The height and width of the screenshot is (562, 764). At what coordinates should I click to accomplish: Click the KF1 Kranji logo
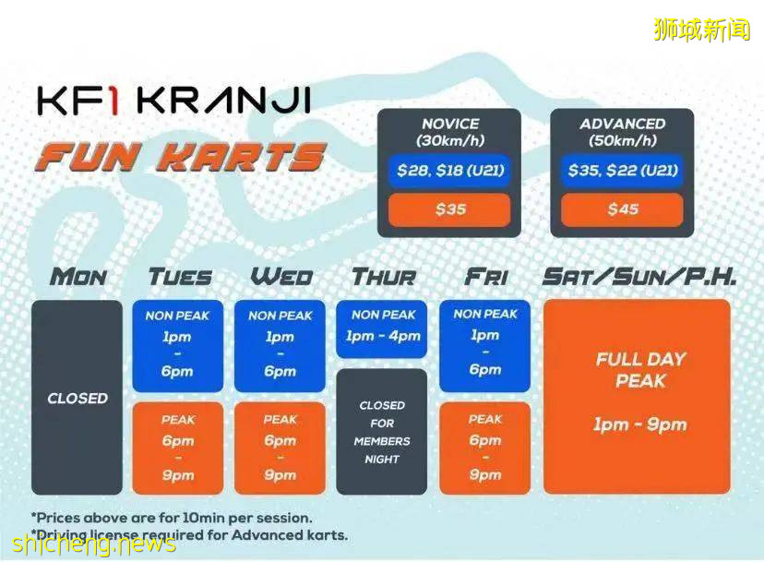(174, 101)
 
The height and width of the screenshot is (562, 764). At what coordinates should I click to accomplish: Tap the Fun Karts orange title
(180, 157)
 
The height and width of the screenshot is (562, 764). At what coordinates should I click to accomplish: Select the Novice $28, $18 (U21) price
(449, 171)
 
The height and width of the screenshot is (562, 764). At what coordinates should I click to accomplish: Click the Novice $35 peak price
(449, 209)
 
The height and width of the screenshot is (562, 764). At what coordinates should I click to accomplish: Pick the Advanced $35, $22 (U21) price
(622, 171)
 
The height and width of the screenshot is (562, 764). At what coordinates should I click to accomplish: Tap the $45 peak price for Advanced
(622, 209)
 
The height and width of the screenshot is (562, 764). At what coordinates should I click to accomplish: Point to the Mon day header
(78, 278)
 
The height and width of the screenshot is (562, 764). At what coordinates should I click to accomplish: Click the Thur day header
(384, 278)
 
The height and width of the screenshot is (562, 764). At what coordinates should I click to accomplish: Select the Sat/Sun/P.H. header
(639, 278)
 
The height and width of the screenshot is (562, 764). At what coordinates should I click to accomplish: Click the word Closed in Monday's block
(78, 399)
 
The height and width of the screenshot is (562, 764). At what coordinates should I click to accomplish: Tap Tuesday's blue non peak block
(178, 346)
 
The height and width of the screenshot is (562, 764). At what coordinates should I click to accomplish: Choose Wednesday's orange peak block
(280, 448)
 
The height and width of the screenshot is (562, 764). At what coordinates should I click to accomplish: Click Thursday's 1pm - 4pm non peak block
(381, 329)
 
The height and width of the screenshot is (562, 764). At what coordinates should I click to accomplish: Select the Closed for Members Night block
(381, 432)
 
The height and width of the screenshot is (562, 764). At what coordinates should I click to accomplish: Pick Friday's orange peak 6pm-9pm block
(484, 448)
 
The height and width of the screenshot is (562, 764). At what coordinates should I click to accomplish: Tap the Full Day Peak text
(640, 370)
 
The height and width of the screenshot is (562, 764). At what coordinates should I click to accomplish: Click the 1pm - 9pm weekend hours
(639, 424)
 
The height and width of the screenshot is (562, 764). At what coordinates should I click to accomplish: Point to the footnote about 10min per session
(172, 518)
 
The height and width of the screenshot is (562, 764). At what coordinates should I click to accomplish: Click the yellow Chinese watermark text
(701, 30)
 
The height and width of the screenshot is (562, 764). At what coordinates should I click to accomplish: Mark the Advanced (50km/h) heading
(622, 132)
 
